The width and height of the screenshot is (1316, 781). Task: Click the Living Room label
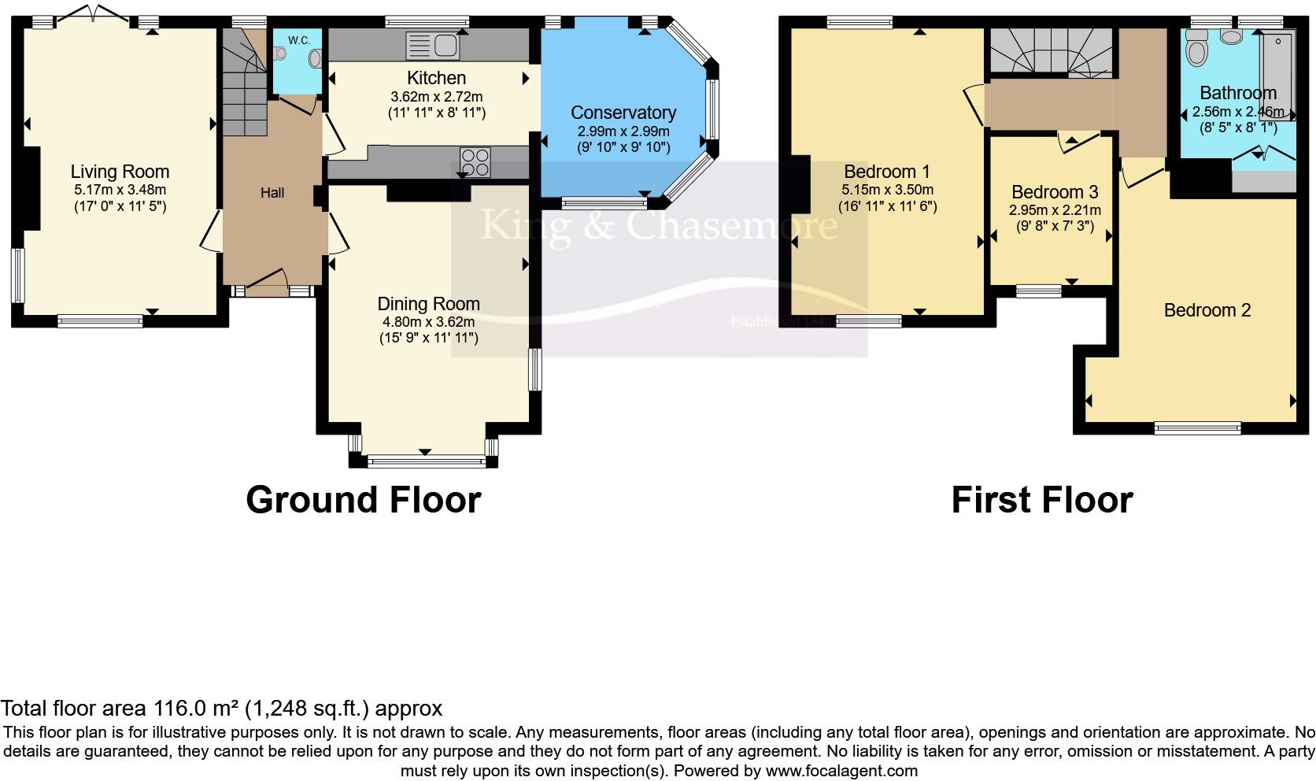120,172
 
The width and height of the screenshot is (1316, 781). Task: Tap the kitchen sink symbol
432,45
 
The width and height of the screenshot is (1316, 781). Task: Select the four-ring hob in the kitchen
475,162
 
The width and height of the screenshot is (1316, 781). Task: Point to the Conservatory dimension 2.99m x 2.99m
623,131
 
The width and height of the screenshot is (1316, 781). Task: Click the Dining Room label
428,304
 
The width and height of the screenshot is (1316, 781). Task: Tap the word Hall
272,193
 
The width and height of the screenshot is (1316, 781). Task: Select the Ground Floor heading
363,500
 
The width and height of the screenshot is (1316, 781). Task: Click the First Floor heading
1041,500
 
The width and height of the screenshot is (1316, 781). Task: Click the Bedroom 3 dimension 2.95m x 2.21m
1055,210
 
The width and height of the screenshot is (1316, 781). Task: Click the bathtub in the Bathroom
1277,75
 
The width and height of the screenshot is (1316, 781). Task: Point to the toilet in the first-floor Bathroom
1197,53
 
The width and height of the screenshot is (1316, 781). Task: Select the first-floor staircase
1050,52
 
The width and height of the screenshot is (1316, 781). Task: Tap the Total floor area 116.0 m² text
221,709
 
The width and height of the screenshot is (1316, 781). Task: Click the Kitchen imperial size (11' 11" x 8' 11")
437,113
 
